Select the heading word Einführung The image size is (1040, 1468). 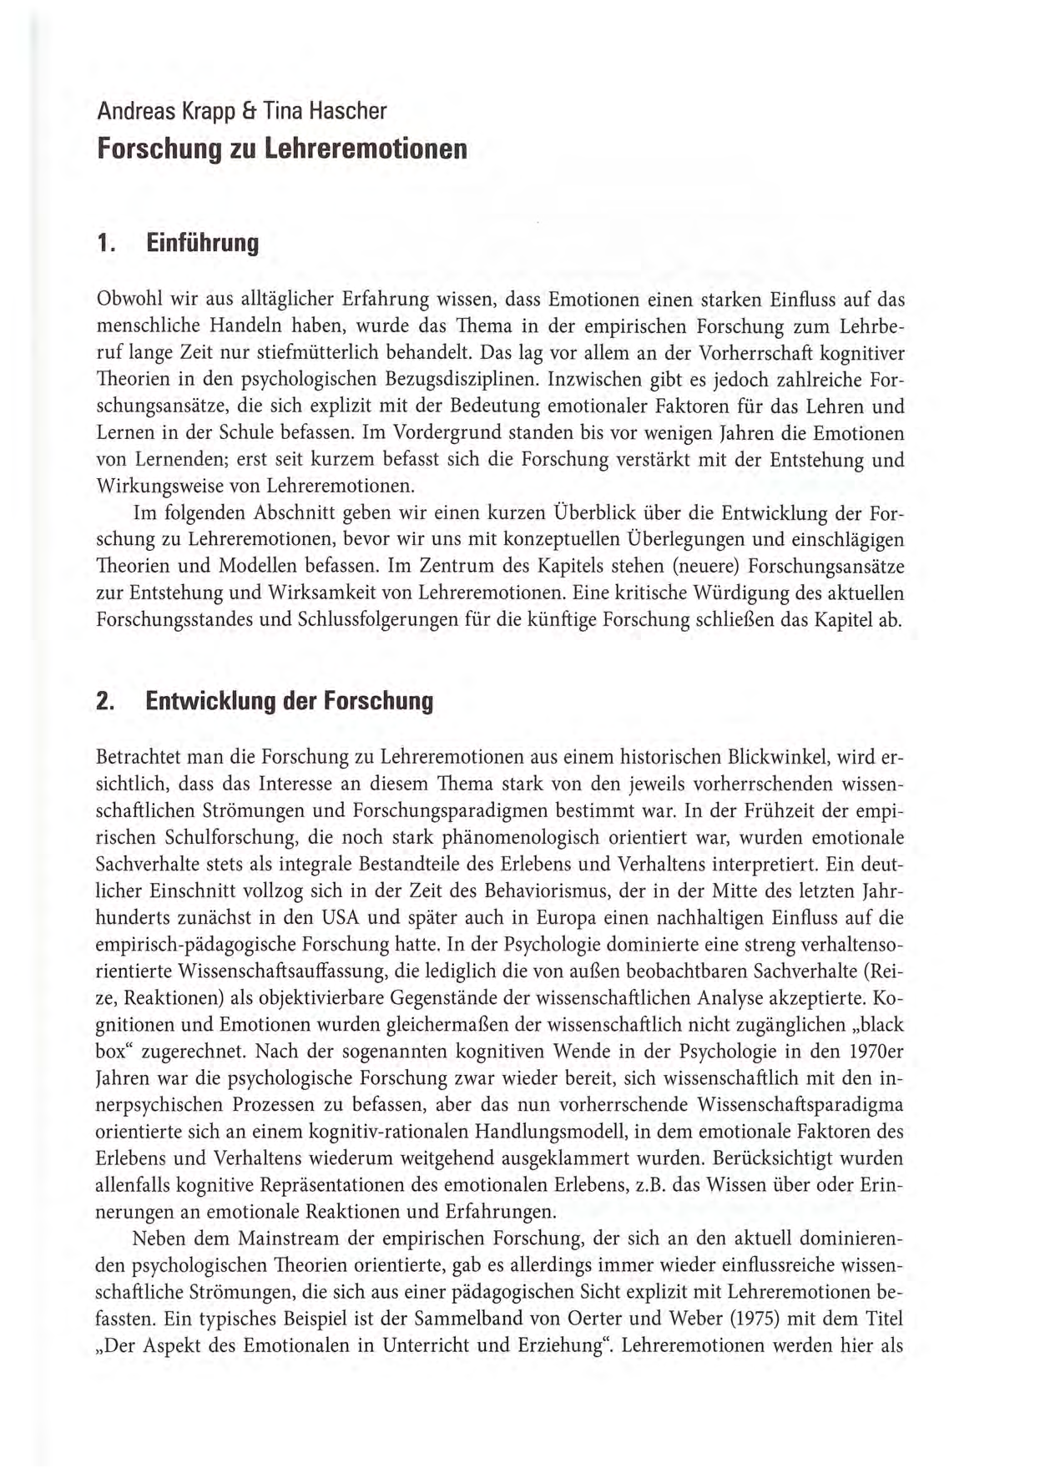coord(202,244)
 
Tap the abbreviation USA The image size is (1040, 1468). coord(340,918)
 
